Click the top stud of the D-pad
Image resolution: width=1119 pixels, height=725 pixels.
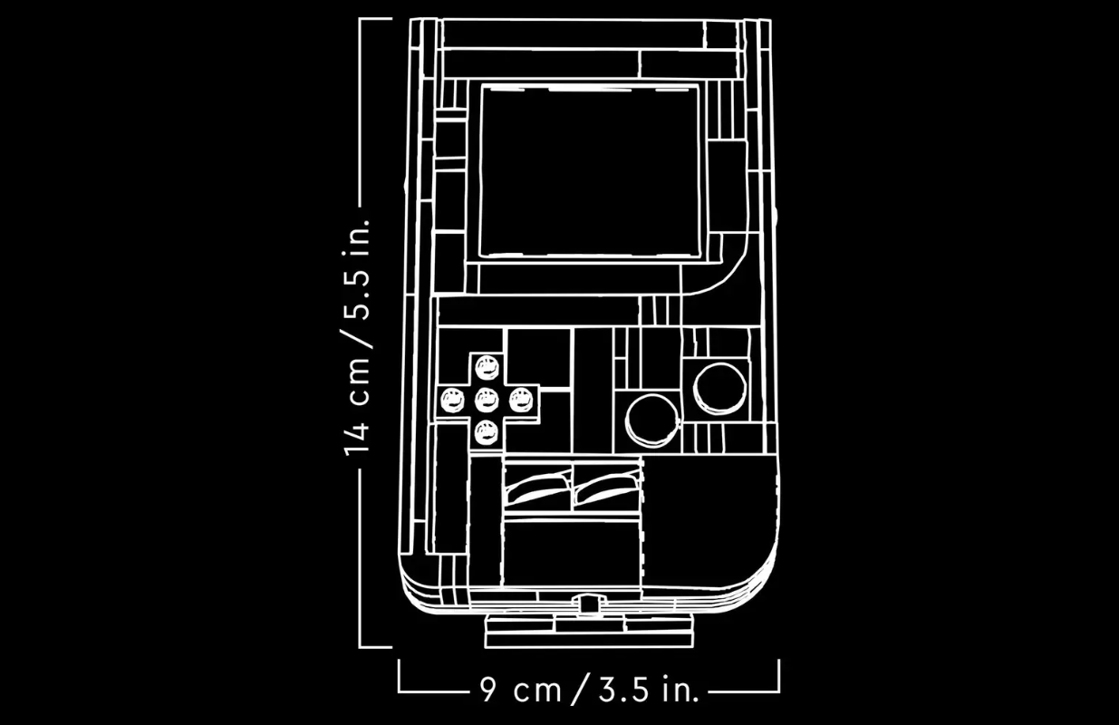click(487, 368)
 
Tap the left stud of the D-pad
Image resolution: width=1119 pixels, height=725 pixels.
click(453, 401)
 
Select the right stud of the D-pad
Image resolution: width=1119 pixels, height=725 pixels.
click(522, 401)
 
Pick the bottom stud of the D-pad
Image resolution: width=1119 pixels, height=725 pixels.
click(487, 432)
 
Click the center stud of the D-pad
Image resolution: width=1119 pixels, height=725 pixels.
click(487, 400)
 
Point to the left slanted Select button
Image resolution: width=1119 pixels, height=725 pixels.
click(538, 488)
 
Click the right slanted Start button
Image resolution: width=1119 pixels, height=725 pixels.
click(606, 488)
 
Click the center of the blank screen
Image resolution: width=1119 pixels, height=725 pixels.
click(590, 171)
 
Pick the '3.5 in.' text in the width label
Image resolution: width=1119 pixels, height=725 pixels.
click(649, 690)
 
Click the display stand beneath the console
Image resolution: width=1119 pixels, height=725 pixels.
click(589, 631)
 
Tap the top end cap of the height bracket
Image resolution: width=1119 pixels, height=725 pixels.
click(376, 19)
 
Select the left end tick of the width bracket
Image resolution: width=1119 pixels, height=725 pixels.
click(400, 675)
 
